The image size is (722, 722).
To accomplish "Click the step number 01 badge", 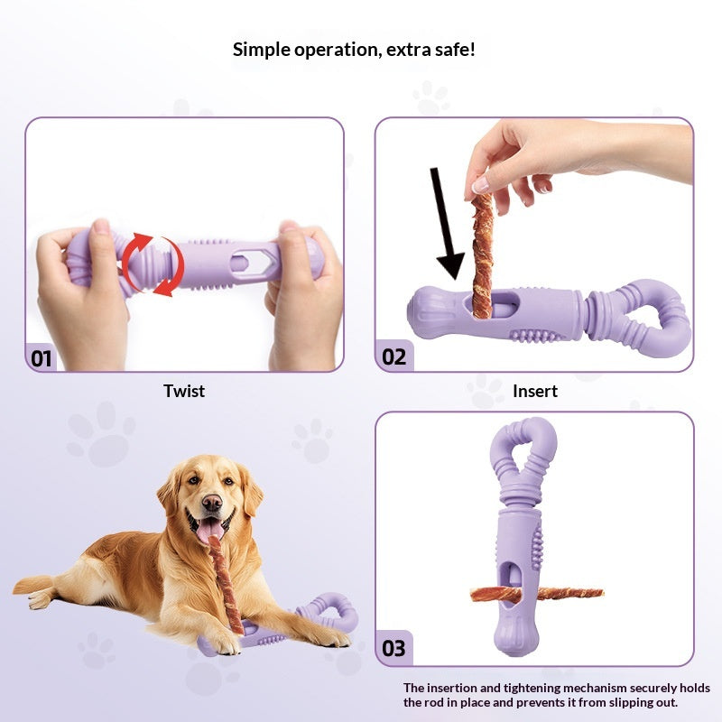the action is coord(41,357).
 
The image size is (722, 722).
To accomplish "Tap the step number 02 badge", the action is coord(394,356).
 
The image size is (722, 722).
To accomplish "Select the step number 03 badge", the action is coord(393,648).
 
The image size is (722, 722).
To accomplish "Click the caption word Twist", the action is coord(184,391).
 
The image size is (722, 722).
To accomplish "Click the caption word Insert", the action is coord(535,391).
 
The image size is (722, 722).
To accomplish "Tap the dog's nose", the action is coord(212,503).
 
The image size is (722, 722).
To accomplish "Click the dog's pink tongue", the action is coord(210,529).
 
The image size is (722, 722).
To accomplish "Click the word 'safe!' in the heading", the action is coord(454,50).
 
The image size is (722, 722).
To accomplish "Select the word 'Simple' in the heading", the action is coord(261,50).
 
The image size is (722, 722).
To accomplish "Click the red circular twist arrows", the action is coord(153,264).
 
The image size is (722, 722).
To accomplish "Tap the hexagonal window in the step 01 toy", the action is coord(251,263).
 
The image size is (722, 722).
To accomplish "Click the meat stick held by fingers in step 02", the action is coord(483,255).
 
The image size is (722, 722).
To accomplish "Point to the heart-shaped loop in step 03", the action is coord(523,442).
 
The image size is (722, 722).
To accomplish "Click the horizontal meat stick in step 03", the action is coord(536,594).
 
